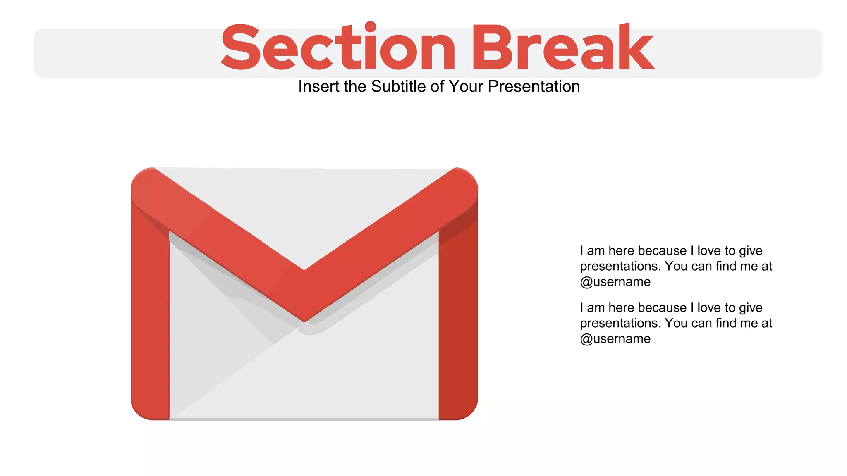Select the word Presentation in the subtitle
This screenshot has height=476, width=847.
point(534,87)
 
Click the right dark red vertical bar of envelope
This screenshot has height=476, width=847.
point(458,322)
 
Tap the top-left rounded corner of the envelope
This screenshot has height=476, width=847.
point(143,180)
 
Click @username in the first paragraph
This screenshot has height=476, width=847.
point(615,282)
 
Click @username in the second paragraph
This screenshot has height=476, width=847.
point(615,339)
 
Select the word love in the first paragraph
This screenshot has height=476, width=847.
point(709,251)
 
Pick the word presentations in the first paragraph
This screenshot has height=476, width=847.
point(620,267)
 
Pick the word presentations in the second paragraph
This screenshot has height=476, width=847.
point(620,323)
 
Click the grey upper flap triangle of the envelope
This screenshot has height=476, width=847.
point(304,207)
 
